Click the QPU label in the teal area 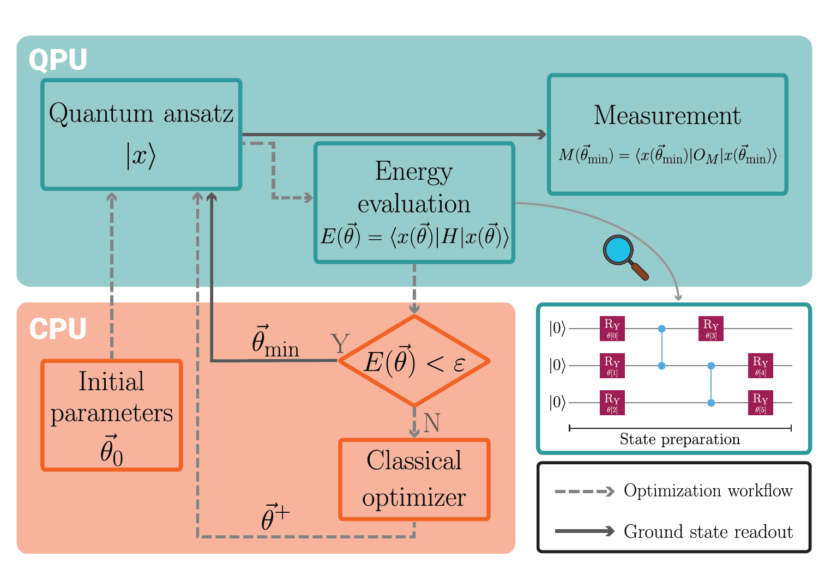58,60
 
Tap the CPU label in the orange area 58,329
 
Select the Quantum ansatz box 141,135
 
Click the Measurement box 667,135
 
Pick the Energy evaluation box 414,203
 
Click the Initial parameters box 112,415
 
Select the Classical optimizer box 414,480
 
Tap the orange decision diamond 414,361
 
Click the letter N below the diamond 431,423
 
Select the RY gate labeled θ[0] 612,329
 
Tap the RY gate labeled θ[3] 711,329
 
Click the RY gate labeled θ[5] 761,403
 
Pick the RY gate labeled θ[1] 612,366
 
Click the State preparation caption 680,439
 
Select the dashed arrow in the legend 585,491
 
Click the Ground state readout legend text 708,531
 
